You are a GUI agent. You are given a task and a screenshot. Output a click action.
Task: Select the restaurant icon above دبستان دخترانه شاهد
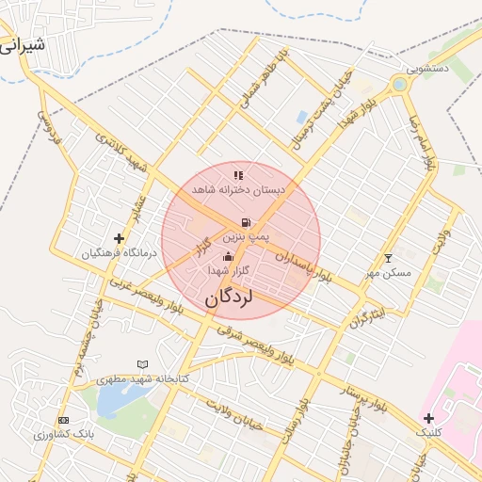(x=238, y=174)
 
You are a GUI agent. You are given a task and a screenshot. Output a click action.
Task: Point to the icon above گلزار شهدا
(x=226, y=256)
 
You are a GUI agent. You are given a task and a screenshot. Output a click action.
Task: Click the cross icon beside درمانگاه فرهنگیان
(x=119, y=238)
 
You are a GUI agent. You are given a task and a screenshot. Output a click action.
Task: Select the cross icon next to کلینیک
(x=428, y=418)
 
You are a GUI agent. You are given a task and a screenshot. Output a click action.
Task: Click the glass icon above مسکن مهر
(x=388, y=258)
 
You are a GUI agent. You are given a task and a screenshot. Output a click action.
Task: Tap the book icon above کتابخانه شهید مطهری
(x=142, y=363)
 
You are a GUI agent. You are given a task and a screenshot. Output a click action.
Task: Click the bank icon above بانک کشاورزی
(x=63, y=420)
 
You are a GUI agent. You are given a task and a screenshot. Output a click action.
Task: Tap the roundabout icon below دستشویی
(x=399, y=85)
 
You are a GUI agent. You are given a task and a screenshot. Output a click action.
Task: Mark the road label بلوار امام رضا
(x=420, y=142)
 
